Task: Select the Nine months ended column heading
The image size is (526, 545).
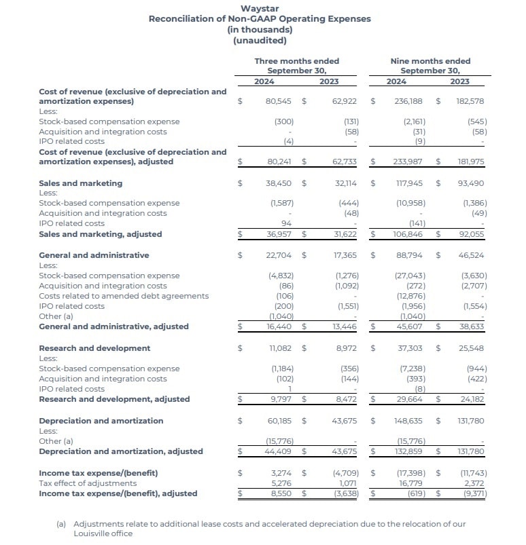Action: click(430, 61)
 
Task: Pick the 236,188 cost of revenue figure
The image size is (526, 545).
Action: click(408, 101)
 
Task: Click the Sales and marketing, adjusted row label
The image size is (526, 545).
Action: click(101, 234)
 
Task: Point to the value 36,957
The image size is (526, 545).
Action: click(279, 234)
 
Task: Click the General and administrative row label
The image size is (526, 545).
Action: click(94, 255)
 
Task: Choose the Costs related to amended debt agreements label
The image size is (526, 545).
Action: click(124, 296)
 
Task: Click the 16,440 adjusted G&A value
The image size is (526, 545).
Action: click(279, 326)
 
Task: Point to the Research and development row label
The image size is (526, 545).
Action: click(94, 348)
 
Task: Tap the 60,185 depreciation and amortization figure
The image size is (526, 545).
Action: click(279, 421)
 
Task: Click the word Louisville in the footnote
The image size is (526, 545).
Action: click(93, 534)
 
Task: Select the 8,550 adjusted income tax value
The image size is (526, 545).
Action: click(281, 493)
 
